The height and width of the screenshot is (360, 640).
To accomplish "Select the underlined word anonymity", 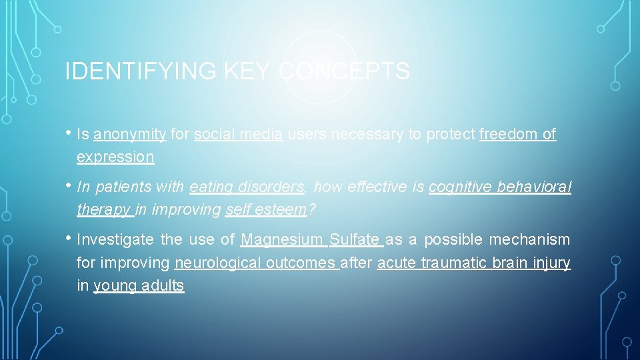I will (x=130, y=135).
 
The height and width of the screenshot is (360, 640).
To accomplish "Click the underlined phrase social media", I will (x=239, y=135).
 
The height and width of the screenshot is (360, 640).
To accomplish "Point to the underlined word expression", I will (x=115, y=157).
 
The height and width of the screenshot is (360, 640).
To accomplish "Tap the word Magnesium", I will (x=282, y=239).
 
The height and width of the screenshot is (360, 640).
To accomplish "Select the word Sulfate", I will (x=355, y=239).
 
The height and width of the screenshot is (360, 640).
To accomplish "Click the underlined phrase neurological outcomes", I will (x=256, y=263).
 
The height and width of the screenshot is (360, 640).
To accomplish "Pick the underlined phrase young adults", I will (x=139, y=286).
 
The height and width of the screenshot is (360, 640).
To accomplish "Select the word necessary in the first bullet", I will (x=367, y=135).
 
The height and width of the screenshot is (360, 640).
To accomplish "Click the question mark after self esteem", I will (x=311, y=210).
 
